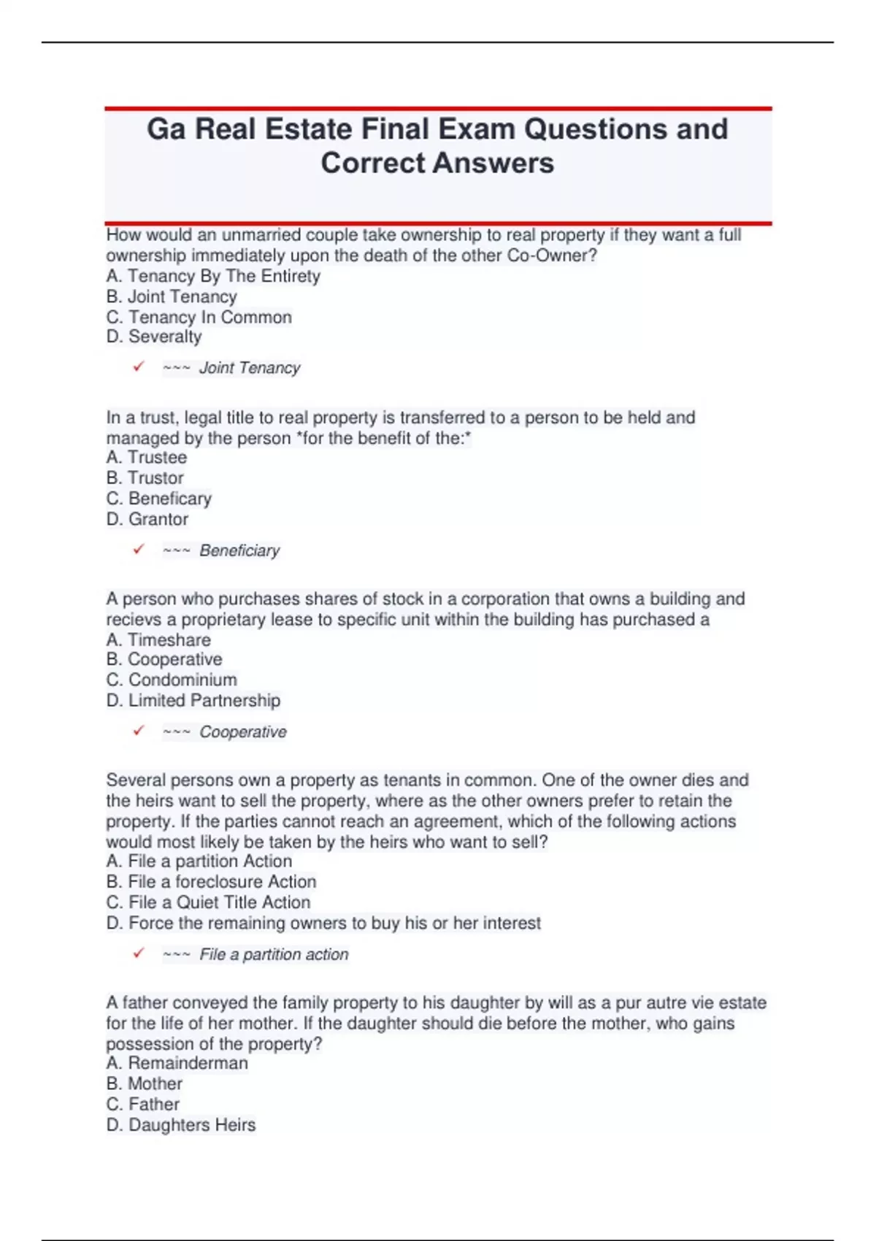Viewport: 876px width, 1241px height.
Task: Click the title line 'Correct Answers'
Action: [437, 163]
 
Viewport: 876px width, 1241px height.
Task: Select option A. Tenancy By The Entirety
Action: [213, 276]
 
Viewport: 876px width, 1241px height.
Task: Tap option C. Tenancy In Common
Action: [199, 317]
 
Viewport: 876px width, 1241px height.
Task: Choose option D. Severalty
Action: [154, 337]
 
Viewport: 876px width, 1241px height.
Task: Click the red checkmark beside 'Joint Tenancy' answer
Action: [139, 366]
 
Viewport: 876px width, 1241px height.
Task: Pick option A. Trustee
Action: [147, 457]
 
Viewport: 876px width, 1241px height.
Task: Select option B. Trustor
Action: [145, 477]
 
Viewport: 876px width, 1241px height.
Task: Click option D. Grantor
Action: [147, 519]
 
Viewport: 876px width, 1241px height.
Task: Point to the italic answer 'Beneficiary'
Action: [239, 550]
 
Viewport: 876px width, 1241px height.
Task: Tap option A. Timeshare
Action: [158, 639]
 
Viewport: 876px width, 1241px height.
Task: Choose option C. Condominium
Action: [172, 680]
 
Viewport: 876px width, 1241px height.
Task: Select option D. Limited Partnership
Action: [193, 700]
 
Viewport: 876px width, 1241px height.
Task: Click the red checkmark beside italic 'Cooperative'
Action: [139, 731]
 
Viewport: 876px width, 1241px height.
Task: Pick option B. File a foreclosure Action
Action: [212, 881]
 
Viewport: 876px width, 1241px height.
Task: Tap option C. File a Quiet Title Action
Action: [209, 902]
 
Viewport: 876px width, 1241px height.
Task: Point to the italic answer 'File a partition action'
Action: [274, 954]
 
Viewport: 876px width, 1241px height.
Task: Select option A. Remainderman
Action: [177, 1063]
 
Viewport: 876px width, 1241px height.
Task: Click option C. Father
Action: [143, 1104]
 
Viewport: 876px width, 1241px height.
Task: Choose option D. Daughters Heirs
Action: [181, 1124]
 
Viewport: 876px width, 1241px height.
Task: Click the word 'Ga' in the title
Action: [166, 129]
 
